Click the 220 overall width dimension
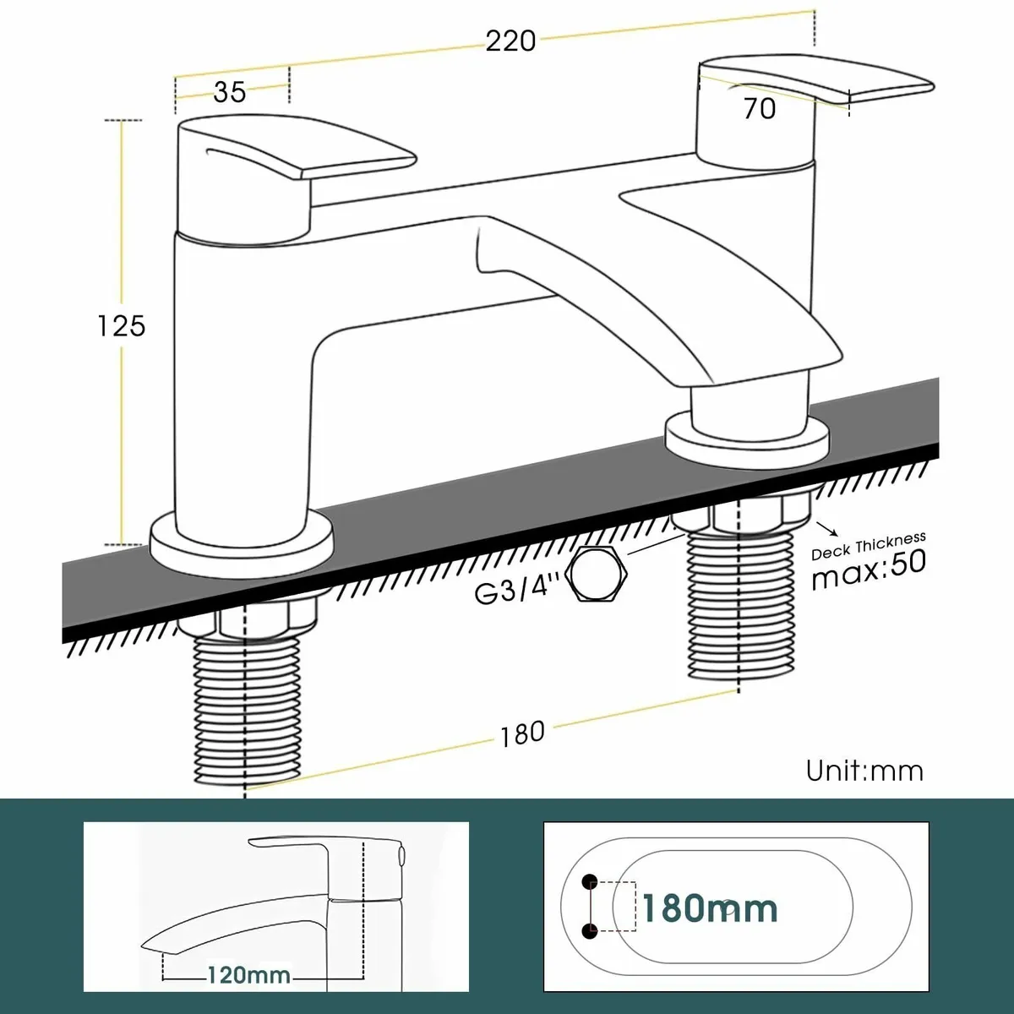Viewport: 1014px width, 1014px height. coord(510,40)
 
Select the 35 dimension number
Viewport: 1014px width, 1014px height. coord(229,91)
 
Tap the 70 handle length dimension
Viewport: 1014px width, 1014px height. coord(759,108)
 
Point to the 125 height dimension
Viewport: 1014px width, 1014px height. coord(121,325)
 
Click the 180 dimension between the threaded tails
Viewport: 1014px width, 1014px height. coord(521,733)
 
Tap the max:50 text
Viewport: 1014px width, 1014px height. coord(868,570)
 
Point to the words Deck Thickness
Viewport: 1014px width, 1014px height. coord(868,545)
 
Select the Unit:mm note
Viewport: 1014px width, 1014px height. coord(864,771)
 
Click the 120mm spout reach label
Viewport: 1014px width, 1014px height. coord(248,975)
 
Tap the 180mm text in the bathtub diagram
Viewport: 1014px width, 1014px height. coord(709,908)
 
